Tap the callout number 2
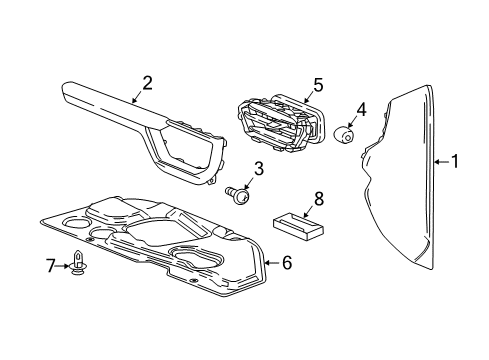click(x=146, y=82)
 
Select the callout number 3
click(x=258, y=170)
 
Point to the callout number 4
click(x=362, y=108)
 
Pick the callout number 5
click(x=317, y=86)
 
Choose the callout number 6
click(x=287, y=263)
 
